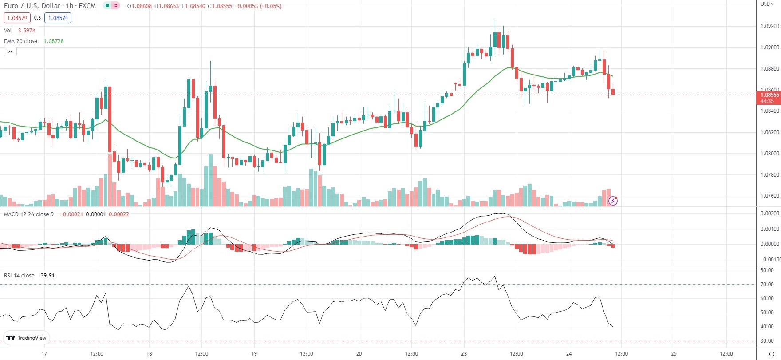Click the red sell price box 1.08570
pyautogui.click(x=17, y=18)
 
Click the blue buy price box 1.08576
pyautogui.click(x=58, y=18)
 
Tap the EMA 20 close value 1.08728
pyautogui.click(x=54, y=41)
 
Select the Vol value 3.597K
pyautogui.click(x=27, y=30)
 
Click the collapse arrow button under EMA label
pyautogui.click(x=10, y=52)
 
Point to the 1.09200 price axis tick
pyautogui.click(x=769, y=26)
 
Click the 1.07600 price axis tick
pyautogui.click(x=769, y=196)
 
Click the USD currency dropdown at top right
pyautogui.click(x=767, y=4)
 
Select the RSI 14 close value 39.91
pyautogui.click(x=47, y=275)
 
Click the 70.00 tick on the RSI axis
pyautogui.click(x=767, y=285)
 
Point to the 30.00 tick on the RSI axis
pyautogui.click(x=767, y=341)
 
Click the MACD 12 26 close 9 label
pyautogui.click(x=29, y=214)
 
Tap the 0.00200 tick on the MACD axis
pyautogui.click(x=769, y=214)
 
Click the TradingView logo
pyautogui.click(x=26, y=338)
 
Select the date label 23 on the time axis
pyautogui.click(x=464, y=354)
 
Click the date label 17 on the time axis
pyautogui.click(x=44, y=354)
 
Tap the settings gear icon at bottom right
pyautogui.click(x=772, y=354)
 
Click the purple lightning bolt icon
pyautogui.click(x=613, y=201)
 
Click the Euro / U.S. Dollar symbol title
pyautogui.click(x=50, y=6)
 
